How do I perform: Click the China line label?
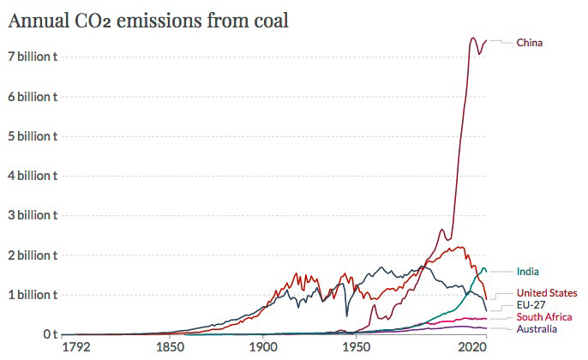[530, 42]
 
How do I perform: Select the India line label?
[528, 272]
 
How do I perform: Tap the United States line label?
[547, 293]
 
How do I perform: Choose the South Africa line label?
[544, 317]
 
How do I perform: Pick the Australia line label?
[537, 328]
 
